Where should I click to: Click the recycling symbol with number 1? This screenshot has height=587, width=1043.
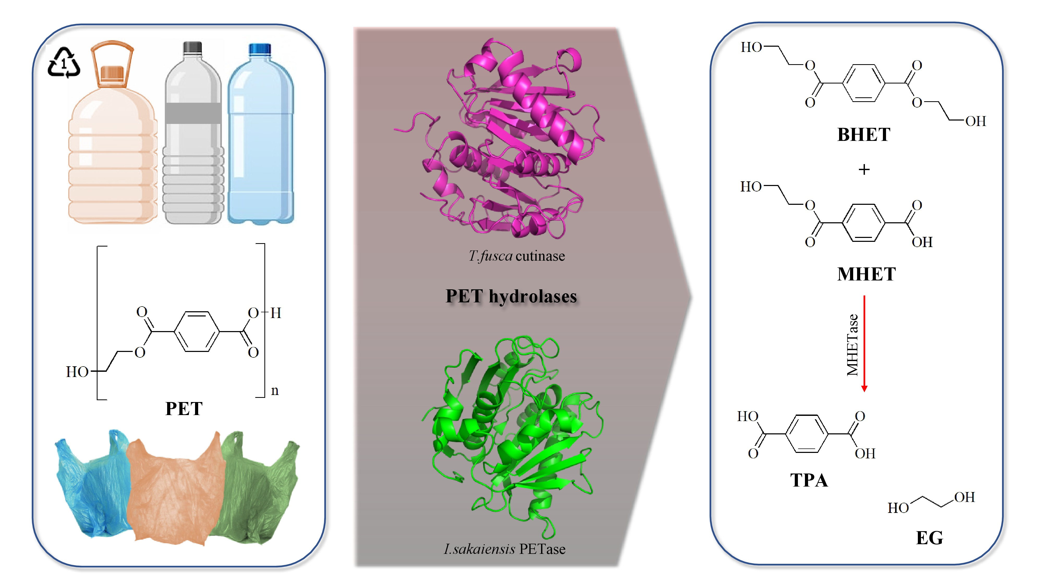[x=64, y=63]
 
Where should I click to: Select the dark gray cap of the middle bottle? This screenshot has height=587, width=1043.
[x=192, y=47]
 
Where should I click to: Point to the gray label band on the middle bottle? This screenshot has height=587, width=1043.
[x=193, y=113]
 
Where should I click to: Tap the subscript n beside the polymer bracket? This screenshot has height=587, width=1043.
[x=275, y=391]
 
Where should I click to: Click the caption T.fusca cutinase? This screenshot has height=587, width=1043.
[x=517, y=256]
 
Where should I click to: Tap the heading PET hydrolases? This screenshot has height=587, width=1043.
[x=511, y=296]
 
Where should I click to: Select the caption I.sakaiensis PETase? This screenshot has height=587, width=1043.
[x=505, y=549]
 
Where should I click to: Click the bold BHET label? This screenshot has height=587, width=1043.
[x=864, y=135]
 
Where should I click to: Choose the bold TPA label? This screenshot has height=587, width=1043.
[x=809, y=481]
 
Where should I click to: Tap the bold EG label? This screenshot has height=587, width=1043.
[x=929, y=538]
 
